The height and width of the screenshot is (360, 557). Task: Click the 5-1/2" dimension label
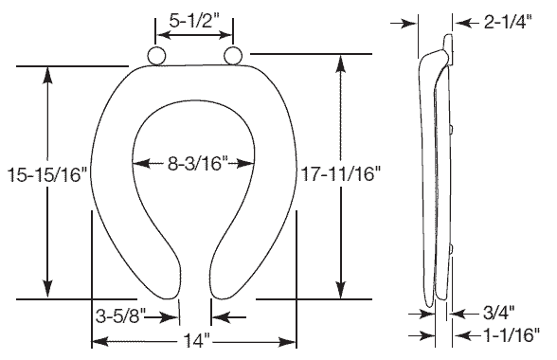coord(193,22)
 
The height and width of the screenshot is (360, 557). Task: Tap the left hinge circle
coord(156,56)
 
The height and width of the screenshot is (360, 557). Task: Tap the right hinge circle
coord(233,55)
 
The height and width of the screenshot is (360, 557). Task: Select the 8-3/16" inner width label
coord(197,164)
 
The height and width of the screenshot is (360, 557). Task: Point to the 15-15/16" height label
coord(47,174)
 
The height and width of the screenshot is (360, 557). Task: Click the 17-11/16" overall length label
coord(341,174)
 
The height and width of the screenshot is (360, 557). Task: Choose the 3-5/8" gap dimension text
coord(121,315)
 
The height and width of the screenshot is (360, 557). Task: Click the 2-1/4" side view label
coord(508,23)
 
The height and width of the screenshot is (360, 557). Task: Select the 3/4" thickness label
coord(498,314)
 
